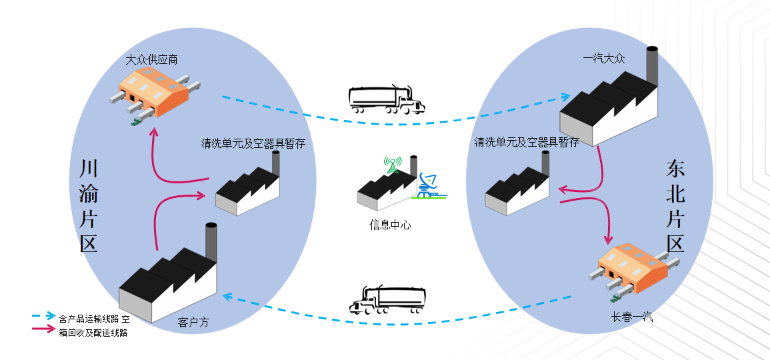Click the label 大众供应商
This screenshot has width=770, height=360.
pyautogui.click(x=151, y=60)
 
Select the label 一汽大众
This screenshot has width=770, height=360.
pyautogui.click(x=603, y=59)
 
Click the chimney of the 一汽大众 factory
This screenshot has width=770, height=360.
pyautogui.click(x=652, y=67)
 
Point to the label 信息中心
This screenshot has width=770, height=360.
pyautogui.click(x=390, y=225)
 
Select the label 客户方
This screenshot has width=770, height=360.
pyautogui.click(x=193, y=323)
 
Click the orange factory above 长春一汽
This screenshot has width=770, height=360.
pyautogui.click(x=633, y=270)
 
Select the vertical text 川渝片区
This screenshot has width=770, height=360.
pyautogui.click(x=89, y=205)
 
